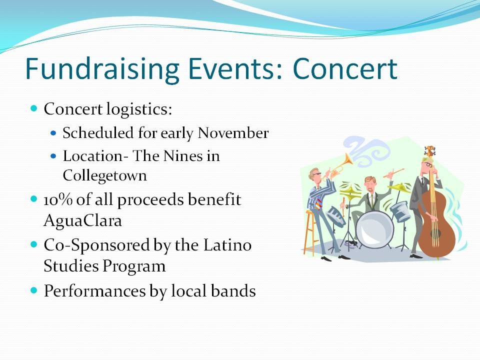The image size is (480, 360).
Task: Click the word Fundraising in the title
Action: pos(102,69)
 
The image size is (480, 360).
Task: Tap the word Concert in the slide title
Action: pos(345,68)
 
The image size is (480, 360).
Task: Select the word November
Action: pos(233,133)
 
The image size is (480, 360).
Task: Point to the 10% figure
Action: pos(58,200)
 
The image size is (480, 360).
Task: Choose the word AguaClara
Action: pos(82,220)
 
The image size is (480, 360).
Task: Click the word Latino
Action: pos(227,245)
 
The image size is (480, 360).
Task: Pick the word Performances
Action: pos(94,290)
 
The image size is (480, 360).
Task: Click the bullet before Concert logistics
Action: pos(34,108)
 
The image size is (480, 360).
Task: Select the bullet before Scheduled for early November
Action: pos(53,133)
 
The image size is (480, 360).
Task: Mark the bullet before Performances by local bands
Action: pos(34,290)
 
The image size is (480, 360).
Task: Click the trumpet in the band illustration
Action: pos(338,166)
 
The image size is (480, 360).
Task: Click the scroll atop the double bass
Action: pos(430,151)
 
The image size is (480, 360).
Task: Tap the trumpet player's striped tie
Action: pos(319,203)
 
